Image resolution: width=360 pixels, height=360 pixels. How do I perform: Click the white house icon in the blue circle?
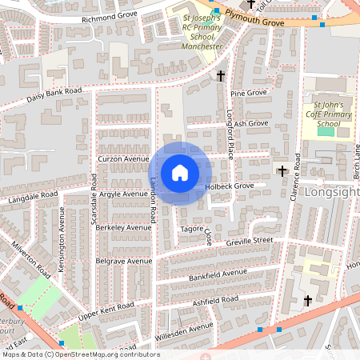[180, 172]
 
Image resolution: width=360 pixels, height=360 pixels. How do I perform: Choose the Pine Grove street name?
[248, 94]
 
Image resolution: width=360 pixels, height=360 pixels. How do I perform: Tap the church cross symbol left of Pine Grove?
[221, 76]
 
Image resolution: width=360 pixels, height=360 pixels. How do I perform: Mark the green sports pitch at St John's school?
[326, 131]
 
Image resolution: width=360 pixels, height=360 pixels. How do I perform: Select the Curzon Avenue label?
[120, 158]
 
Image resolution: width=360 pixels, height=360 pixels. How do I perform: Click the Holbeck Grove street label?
[230, 186]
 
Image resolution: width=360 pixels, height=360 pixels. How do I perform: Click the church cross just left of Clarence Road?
[282, 170]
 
